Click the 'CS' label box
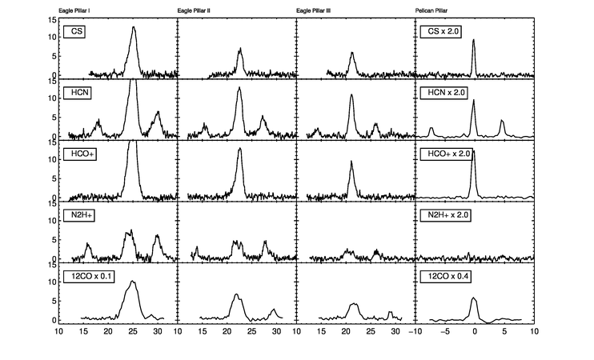click(x=76, y=32)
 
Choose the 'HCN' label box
click(x=78, y=93)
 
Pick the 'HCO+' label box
click(x=80, y=154)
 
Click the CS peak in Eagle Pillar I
click(x=134, y=27)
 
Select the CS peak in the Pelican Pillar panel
click(x=474, y=40)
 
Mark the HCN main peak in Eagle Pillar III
click(x=351, y=95)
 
